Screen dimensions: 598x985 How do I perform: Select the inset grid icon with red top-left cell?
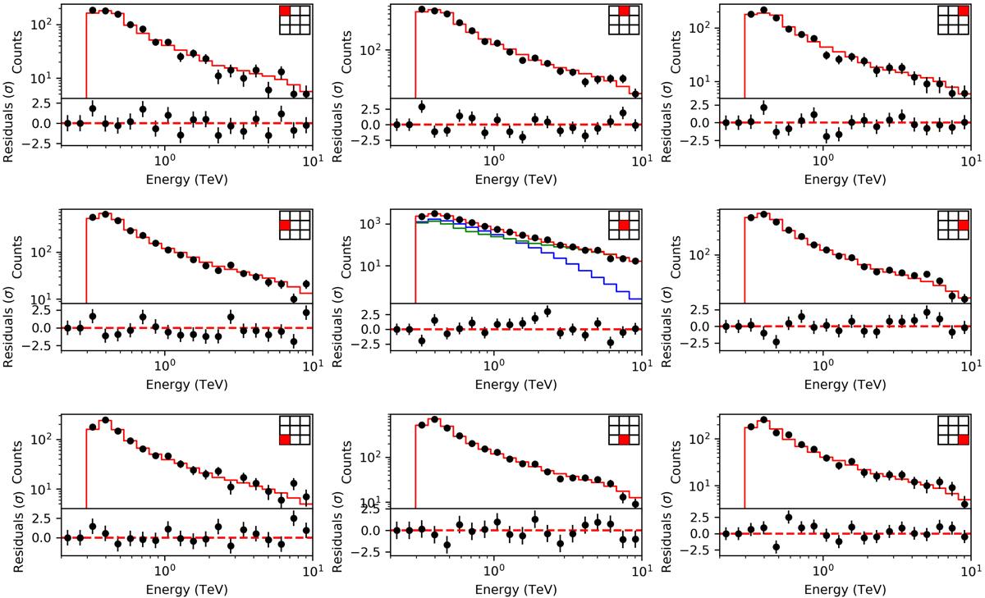[293, 20]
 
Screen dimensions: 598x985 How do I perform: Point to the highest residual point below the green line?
[547, 312]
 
